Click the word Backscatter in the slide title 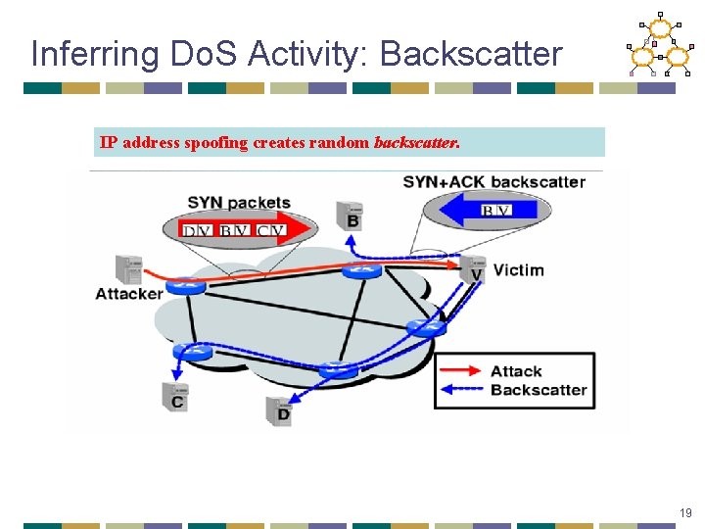[472, 53]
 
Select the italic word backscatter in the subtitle [415, 143]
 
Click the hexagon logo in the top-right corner [660, 46]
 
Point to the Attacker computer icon [127, 269]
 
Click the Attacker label [128, 294]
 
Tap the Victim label [518, 269]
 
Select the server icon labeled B [351, 215]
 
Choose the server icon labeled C [176, 395]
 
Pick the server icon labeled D [280, 409]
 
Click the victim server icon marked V [473, 267]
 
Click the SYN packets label [239, 203]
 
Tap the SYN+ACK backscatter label [493, 181]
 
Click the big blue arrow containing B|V [486, 211]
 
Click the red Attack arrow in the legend [460, 370]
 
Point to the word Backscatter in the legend [539, 390]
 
